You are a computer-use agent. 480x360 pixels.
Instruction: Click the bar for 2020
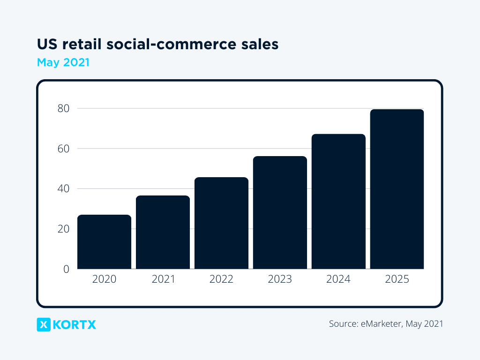pyautogui.click(x=104, y=242)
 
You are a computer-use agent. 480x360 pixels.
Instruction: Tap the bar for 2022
pyautogui.click(x=221, y=223)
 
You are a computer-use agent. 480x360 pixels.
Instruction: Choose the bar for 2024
pyautogui.click(x=338, y=202)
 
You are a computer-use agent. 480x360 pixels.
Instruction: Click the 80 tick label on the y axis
pyautogui.click(x=63, y=108)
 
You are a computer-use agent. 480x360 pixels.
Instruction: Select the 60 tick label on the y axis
pyautogui.click(x=63, y=149)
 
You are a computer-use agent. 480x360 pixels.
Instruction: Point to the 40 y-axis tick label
pyautogui.click(x=63, y=189)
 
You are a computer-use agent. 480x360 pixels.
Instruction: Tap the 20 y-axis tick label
pyautogui.click(x=63, y=229)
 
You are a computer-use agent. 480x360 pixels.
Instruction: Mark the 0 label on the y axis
pyautogui.click(x=66, y=269)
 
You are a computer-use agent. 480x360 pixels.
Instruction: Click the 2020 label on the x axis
pyautogui.click(x=104, y=279)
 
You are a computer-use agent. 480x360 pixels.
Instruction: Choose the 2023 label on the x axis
pyautogui.click(x=280, y=279)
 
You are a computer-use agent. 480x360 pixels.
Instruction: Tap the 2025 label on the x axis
pyautogui.click(x=397, y=279)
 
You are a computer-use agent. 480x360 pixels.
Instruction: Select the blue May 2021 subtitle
pyautogui.click(x=63, y=62)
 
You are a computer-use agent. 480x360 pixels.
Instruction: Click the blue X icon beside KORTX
pyautogui.click(x=44, y=324)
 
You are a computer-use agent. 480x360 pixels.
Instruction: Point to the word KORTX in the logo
pyautogui.click(x=75, y=324)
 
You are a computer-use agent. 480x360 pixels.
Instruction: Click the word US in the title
pyautogui.click(x=45, y=45)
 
